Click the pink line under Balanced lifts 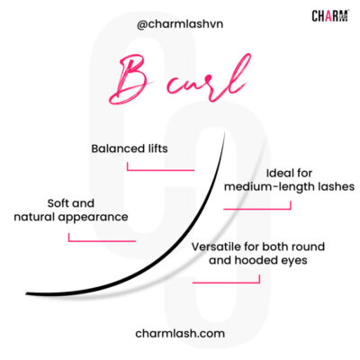click(166, 168)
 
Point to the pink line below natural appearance click(101, 239)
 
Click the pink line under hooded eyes click(225, 281)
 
